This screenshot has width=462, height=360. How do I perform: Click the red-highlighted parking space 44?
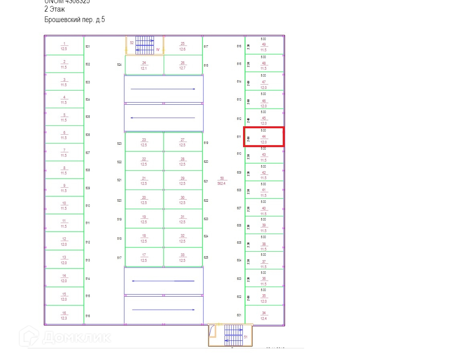(264, 137)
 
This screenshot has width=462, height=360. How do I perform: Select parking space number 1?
(64, 46)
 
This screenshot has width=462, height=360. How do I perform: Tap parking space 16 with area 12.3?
(64, 315)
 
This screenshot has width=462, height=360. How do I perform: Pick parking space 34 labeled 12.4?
(263, 315)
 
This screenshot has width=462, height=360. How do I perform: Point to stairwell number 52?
(132, 42)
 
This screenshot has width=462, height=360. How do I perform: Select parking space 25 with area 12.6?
(182, 46)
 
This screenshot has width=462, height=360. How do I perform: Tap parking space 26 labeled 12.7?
(182, 65)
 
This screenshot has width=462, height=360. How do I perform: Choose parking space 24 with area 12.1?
(144, 65)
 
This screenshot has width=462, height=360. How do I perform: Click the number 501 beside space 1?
(88, 47)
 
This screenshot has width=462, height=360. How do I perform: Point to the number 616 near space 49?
(239, 47)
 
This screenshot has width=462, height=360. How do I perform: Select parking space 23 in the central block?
(144, 142)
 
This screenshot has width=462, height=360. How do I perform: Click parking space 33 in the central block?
(182, 257)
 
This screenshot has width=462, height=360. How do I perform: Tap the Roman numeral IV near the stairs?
(158, 50)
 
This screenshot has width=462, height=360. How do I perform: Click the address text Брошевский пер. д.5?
(75, 20)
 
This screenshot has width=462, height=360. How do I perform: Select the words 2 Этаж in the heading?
(55, 9)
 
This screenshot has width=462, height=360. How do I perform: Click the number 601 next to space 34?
(239, 315)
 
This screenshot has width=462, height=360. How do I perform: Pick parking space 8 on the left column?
(64, 170)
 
